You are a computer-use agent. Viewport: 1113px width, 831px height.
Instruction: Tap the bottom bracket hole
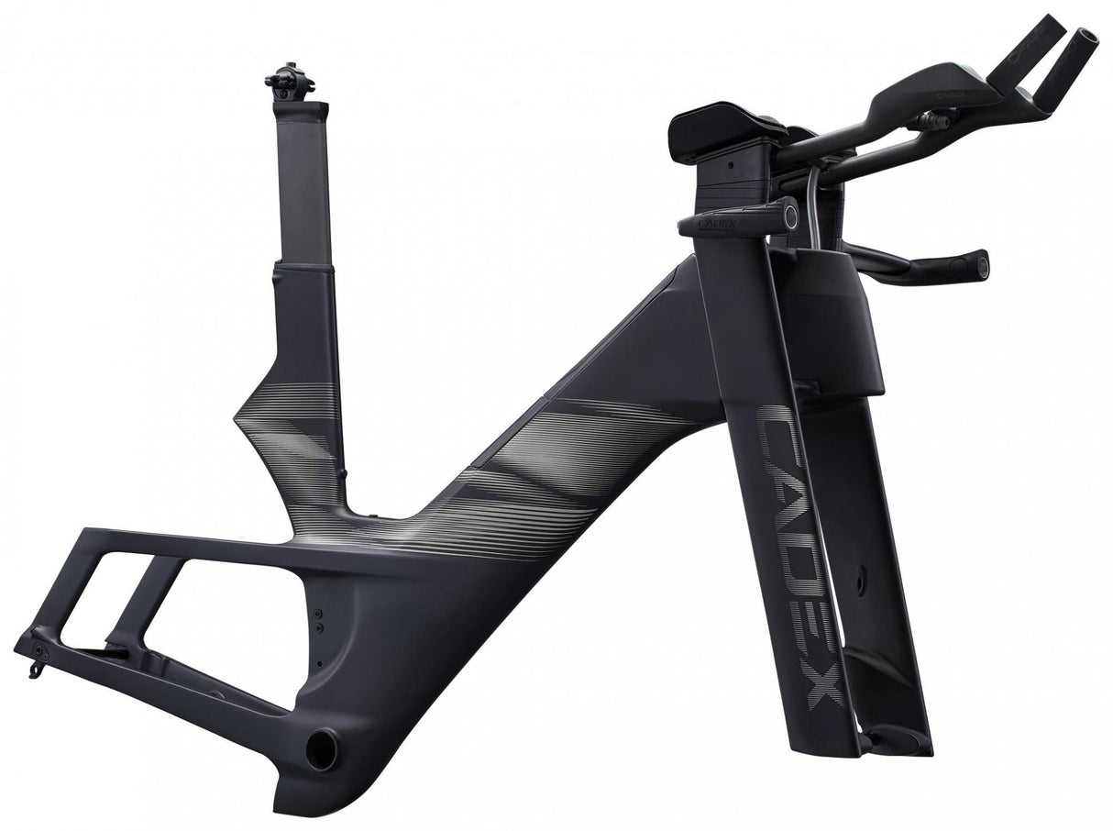[x=320, y=748]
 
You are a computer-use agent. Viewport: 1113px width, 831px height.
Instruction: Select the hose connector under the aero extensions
[x=932, y=119]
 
